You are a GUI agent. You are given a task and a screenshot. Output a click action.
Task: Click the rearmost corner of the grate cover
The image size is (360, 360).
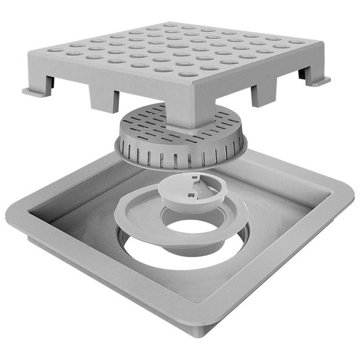coord(168,23)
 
